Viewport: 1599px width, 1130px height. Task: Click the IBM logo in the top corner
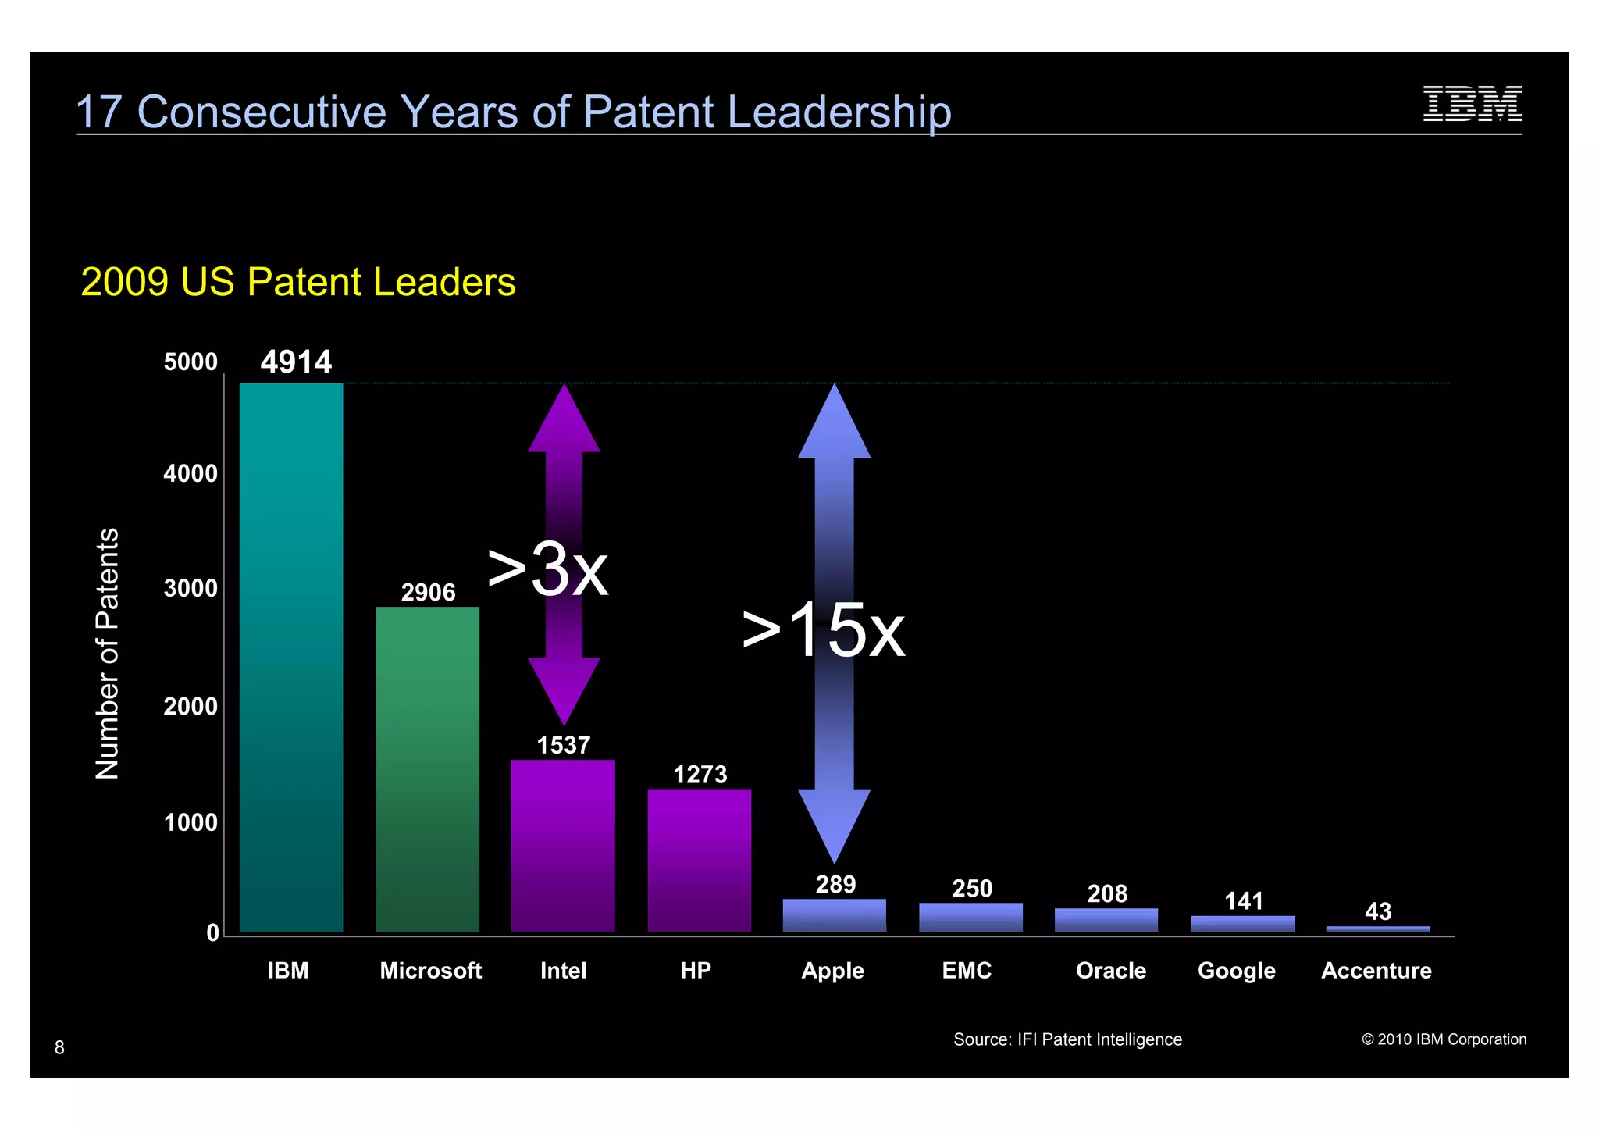[x=1472, y=104]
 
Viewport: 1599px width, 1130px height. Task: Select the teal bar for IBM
[x=290, y=656]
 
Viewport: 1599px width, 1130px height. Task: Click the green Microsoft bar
[x=427, y=769]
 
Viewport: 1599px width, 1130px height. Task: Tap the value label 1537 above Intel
[x=563, y=745]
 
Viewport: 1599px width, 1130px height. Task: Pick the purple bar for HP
[x=699, y=859]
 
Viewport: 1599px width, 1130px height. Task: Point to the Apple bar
[x=834, y=915]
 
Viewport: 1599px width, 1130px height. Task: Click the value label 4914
[x=296, y=362]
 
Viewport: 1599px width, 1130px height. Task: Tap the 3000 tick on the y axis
[x=191, y=588]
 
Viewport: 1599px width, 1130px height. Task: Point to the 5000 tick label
[x=191, y=362]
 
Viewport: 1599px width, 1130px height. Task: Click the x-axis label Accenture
[x=1376, y=971]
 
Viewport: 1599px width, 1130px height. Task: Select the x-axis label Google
[x=1236, y=971]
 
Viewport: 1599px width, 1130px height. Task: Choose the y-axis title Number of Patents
[x=107, y=653]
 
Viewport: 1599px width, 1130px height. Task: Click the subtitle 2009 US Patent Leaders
[x=297, y=282]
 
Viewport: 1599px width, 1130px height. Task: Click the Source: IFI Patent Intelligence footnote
[x=1067, y=1039]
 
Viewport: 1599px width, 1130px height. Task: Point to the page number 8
[x=59, y=1047]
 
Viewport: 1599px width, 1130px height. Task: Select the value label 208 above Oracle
[x=1106, y=893]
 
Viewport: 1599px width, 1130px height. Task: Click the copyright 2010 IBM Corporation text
[x=1444, y=1039]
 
